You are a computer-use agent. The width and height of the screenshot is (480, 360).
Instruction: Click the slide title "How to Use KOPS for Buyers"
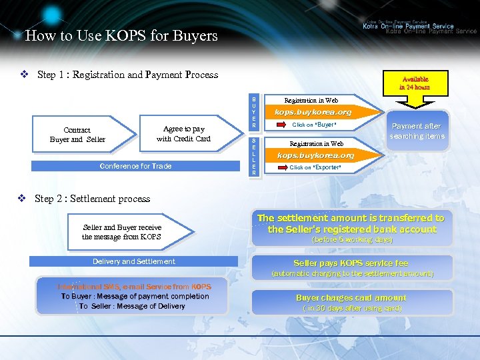pyautogui.click(x=121, y=35)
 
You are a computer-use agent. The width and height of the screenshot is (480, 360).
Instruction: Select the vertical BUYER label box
pyautogui.click(x=254, y=112)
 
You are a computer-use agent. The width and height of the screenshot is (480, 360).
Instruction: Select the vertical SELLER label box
pyautogui.click(x=254, y=156)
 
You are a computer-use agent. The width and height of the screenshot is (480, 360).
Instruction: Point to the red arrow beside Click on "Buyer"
pyautogui.click(x=280, y=125)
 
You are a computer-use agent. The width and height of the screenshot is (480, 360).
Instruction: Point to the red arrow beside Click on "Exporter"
pyautogui.click(x=280, y=167)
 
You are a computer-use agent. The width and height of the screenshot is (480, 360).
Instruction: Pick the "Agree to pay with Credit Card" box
pyautogui.click(x=183, y=134)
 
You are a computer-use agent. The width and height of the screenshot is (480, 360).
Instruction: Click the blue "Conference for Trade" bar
pyautogui.click(x=135, y=166)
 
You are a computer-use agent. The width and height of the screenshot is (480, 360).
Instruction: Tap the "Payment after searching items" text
pyautogui.click(x=417, y=131)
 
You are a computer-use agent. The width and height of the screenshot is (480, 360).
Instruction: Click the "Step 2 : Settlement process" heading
pyautogui.click(x=92, y=199)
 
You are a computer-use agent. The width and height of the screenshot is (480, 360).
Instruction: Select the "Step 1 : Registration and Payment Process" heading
pyautogui.click(x=127, y=75)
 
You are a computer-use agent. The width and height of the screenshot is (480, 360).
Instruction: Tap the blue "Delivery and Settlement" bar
pyautogui.click(x=134, y=261)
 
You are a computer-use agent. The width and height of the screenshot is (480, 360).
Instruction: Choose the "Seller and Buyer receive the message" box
pyautogui.click(x=122, y=232)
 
